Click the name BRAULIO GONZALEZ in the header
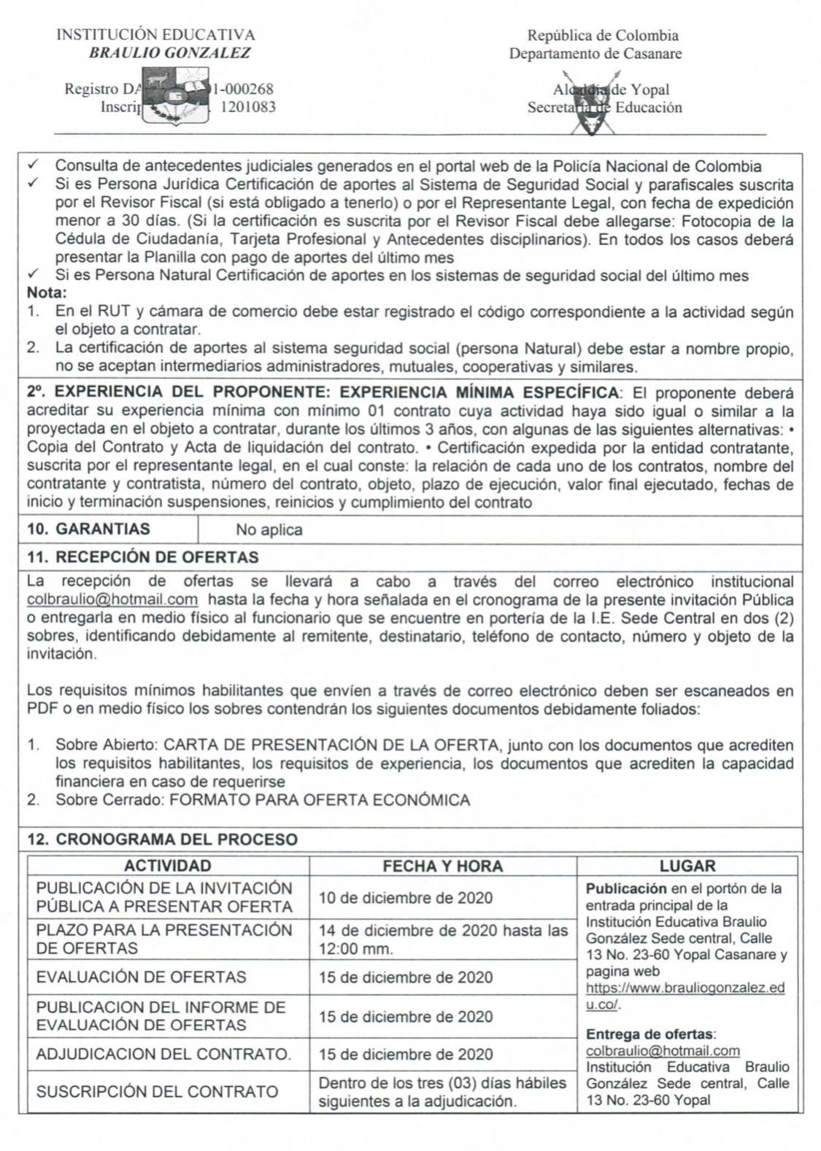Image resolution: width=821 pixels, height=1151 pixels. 169,53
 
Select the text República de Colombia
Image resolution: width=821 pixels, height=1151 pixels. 602,35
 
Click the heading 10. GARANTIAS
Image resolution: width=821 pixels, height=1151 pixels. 88,529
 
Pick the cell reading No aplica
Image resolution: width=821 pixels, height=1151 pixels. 269,530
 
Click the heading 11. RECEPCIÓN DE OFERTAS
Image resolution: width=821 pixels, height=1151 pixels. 142,557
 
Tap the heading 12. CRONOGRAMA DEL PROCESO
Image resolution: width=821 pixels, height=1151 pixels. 162,839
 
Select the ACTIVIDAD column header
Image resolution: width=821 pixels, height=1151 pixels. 168,866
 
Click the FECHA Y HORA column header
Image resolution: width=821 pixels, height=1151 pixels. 443,866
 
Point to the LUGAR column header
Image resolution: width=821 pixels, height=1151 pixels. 687,866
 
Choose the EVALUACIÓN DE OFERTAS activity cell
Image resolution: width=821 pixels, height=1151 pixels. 141,977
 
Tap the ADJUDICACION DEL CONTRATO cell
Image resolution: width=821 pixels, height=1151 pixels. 163,1054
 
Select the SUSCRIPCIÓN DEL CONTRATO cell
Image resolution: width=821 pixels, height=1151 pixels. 157,1092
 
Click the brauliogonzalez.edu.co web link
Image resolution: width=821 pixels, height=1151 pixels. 685,996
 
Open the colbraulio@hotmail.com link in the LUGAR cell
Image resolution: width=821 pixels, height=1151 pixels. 663,1050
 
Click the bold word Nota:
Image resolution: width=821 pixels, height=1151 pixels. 47,293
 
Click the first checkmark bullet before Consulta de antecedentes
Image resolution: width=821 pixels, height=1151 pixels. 33,166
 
